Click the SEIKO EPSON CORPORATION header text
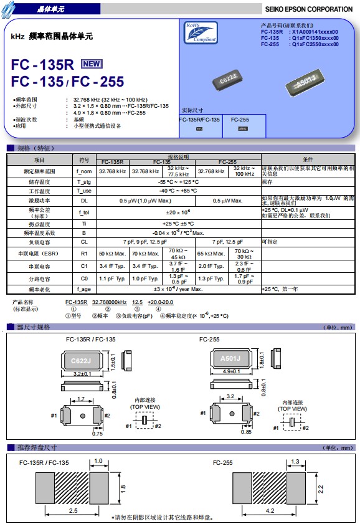click(x=308, y=9)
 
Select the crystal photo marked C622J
click(x=231, y=80)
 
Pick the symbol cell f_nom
click(x=84, y=171)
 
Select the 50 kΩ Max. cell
click(x=112, y=254)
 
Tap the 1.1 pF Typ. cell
click(x=112, y=279)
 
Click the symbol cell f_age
click(x=84, y=289)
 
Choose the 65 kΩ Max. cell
click(x=212, y=254)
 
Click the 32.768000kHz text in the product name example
click(x=109, y=302)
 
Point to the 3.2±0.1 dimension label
click(x=82, y=373)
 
